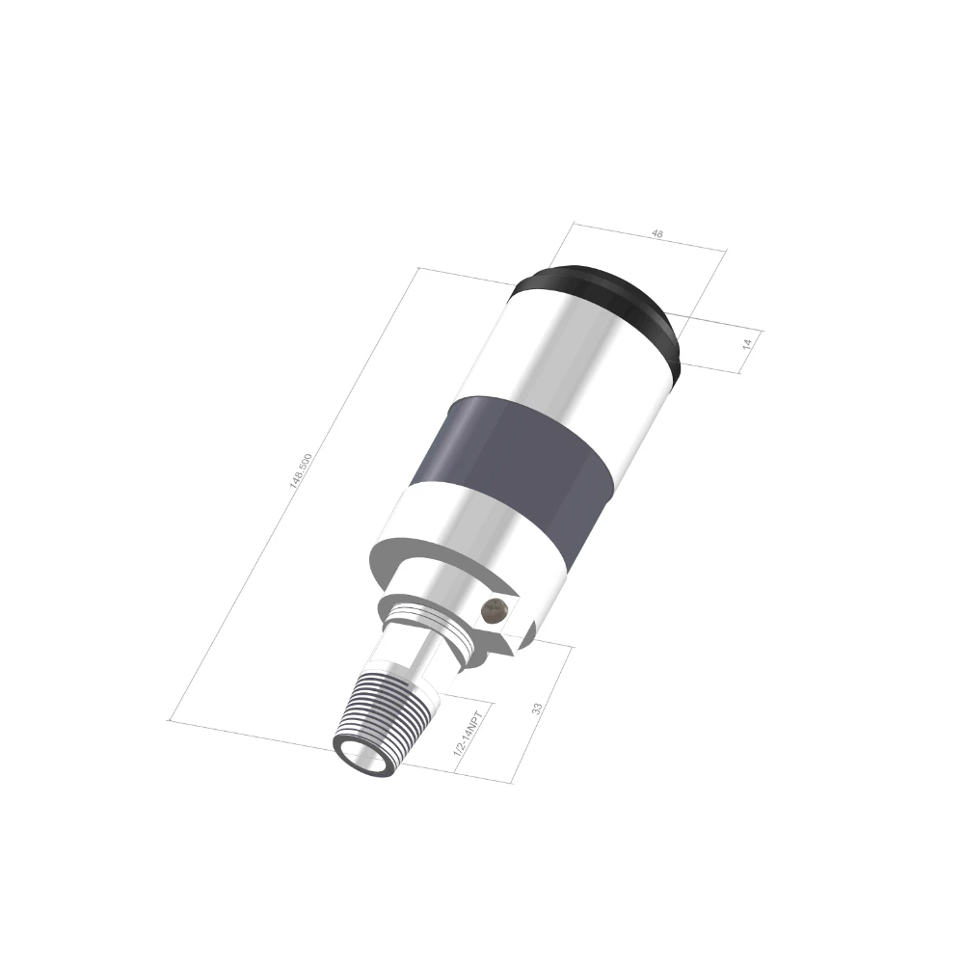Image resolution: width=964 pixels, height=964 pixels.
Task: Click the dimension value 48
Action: [657, 234]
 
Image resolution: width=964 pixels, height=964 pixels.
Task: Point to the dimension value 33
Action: [538, 709]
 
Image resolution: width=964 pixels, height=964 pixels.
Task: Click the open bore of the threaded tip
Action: [362, 755]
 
